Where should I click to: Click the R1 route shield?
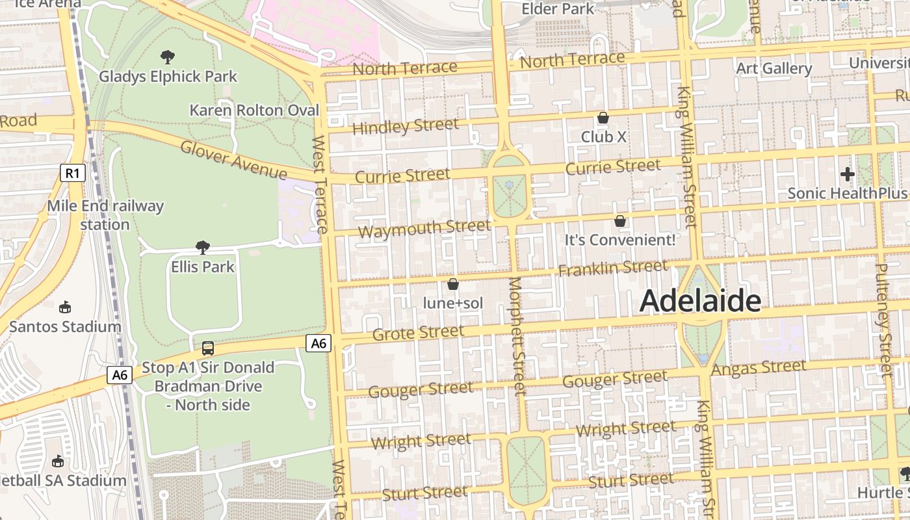[x=73, y=173]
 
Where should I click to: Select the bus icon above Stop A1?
[x=208, y=348]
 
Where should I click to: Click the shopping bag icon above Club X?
[x=603, y=118]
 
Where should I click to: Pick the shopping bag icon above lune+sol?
[x=453, y=284]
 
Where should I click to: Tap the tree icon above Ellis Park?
[x=203, y=247]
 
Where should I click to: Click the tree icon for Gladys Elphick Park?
[x=168, y=57]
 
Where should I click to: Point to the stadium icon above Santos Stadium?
[x=65, y=307]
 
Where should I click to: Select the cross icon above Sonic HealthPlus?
[x=847, y=174]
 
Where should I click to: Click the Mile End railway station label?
[x=105, y=215]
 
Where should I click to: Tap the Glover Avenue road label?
[x=233, y=160]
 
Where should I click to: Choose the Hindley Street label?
[x=405, y=125]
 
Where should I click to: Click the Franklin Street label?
[x=612, y=268]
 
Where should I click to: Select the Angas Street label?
[x=759, y=368]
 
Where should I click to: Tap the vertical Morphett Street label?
[x=517, y=336]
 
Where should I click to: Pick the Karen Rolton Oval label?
[x=254, y=110]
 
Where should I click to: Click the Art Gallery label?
[x=773, y=68]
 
